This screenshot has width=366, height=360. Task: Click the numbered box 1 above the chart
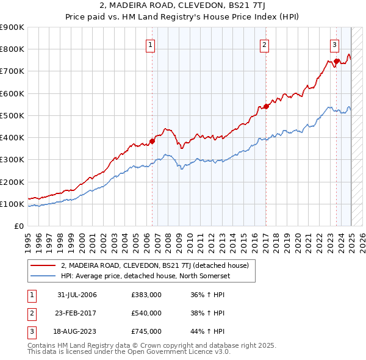[150, 43]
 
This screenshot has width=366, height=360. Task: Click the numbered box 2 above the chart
[265, 43]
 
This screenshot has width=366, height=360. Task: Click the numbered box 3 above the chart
[335, 43]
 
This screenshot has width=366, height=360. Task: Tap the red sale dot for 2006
[152, 141]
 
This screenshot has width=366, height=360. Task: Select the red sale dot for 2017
[266, 107]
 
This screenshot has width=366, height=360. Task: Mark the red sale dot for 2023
[336, 61]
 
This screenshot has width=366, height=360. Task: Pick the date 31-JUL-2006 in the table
[77, 295]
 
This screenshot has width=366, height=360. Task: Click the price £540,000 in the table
[146, 313]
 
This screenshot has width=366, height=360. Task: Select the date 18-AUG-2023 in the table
[77, 331]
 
